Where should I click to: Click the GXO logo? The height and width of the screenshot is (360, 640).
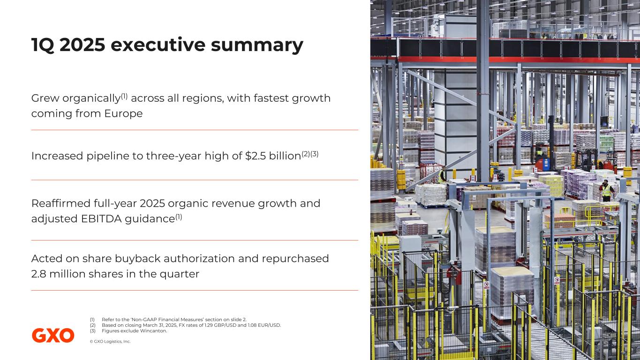point(53,335)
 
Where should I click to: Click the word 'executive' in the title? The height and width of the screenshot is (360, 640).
point(158,45)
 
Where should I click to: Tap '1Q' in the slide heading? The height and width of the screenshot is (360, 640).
point(43,45)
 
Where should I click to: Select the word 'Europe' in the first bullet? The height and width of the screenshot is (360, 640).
point(123,114)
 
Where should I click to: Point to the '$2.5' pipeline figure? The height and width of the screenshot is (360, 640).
point(256,156)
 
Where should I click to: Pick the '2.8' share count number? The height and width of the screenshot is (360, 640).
point(38,274)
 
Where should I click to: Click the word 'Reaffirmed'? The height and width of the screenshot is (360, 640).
point(60,203)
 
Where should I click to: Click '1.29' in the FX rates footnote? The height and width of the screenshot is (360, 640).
point(209,325)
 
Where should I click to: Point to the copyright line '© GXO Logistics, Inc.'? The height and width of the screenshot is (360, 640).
point(110,341)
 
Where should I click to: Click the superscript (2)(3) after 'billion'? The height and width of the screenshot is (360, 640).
point(310,154)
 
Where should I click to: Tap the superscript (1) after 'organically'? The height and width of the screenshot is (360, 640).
point(124,96)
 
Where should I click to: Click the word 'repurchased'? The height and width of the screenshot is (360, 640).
point(295,259)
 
